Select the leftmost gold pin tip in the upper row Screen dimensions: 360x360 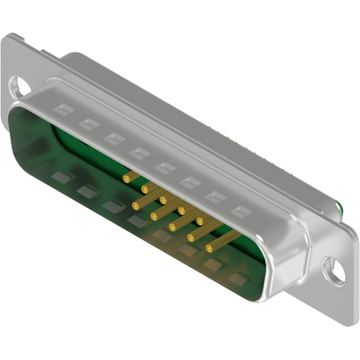click(126, 179)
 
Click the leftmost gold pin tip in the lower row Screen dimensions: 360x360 click(134, 206)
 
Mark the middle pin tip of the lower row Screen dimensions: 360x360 click(172, 227)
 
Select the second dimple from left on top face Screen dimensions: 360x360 click(86, 124)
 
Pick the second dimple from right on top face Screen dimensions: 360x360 click(214, 197)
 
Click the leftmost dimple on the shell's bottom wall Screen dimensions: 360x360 click(61, 177)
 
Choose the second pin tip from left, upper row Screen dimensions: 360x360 click(144, 189)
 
